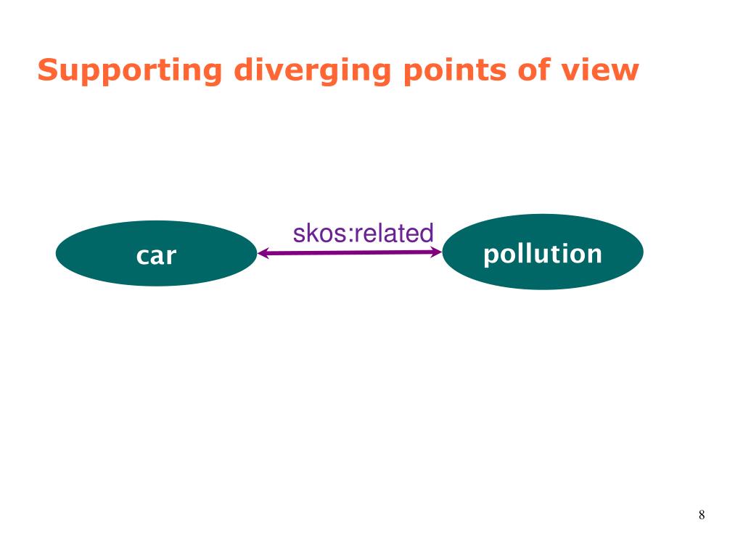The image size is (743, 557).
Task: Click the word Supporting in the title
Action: (130, 71)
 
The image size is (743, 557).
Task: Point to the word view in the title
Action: (601, 70)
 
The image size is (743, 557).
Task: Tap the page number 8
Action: (702, 516)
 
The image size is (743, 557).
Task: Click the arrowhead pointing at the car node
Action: (263, 253)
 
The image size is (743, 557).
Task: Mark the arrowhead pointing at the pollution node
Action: (437, 252)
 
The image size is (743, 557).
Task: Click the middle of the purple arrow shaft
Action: (350, 252)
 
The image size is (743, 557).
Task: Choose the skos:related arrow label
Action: (363, 234)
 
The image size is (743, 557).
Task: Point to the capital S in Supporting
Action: (47, 70)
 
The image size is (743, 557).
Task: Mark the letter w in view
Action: (627, 72)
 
